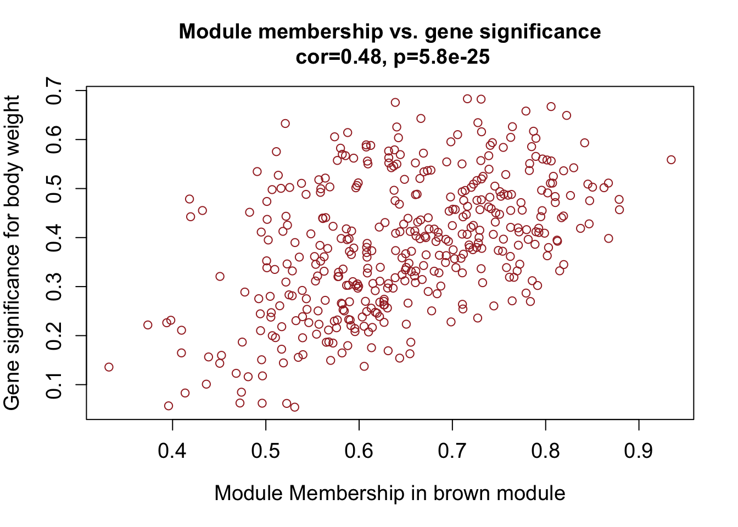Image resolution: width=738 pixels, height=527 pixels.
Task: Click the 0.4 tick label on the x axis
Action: (172, 451)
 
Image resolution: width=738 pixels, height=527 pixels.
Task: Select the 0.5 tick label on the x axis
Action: (266, 451)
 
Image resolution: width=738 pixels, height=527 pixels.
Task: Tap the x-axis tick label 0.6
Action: (359, 451)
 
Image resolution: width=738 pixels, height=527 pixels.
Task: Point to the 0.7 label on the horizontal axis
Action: (452, 451)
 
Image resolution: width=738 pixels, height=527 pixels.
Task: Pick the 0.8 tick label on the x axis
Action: (546, 451)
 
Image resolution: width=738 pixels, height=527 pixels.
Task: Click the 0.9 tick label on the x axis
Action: (639, 451)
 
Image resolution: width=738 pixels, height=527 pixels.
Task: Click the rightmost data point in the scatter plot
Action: (671, 160)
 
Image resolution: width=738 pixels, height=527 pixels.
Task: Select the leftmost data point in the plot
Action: (109, 367)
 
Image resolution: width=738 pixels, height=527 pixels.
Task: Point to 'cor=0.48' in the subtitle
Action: (337, 57)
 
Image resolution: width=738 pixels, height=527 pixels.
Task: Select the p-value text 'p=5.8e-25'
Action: (442, 57)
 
